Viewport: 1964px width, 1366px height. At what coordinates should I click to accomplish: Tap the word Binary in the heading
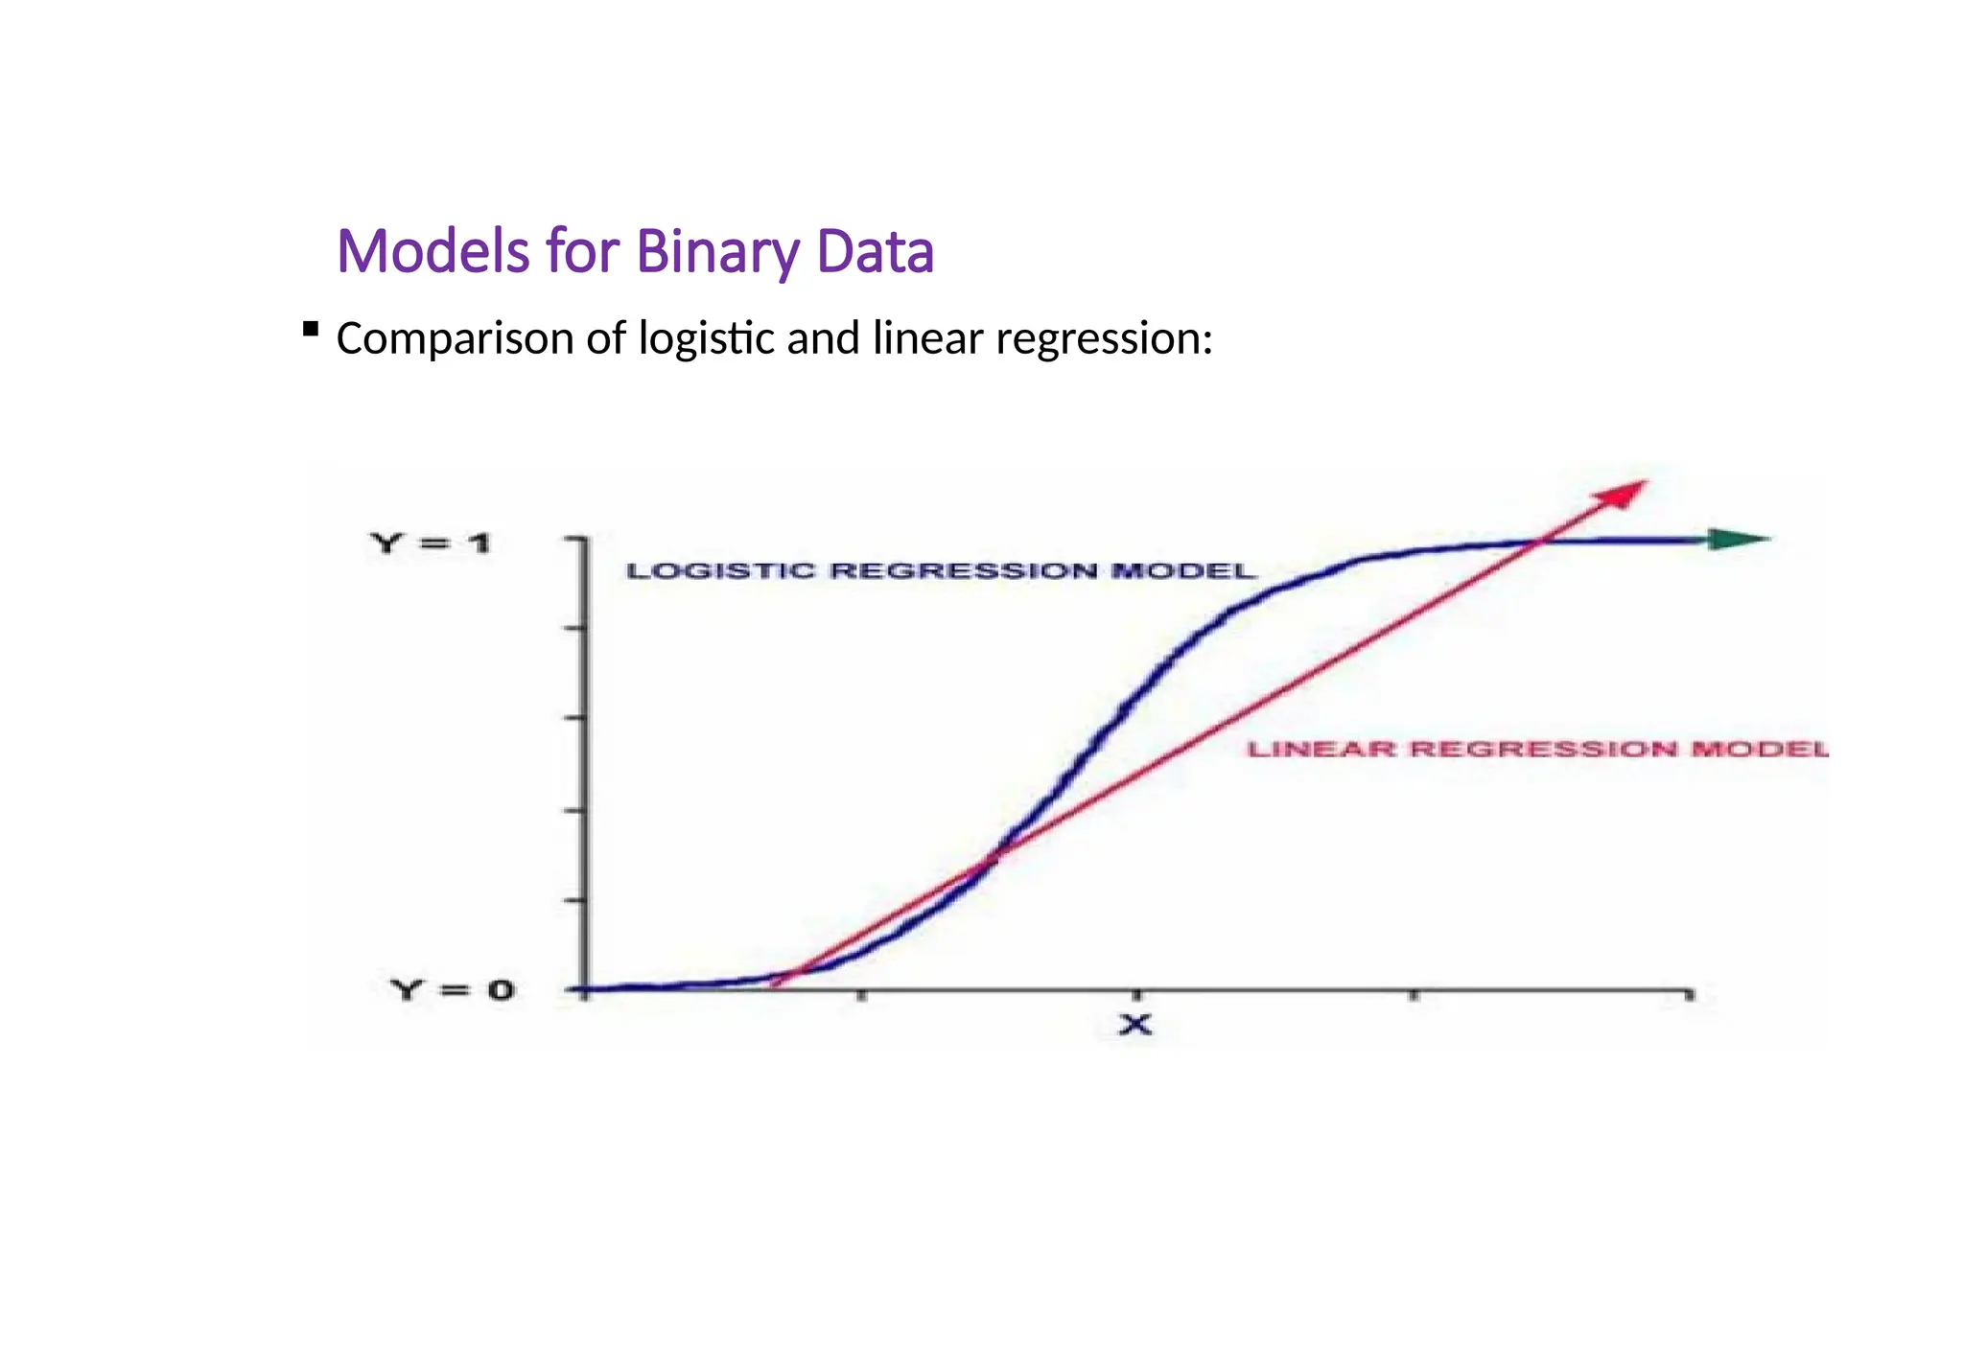click(x=717, y=252)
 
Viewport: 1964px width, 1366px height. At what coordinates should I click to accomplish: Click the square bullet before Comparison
click(x=310, y=330)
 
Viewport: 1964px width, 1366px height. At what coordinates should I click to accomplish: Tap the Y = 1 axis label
click(x=430, y=544)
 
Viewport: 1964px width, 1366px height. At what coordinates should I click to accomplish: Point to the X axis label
click(x=1135, y=1026)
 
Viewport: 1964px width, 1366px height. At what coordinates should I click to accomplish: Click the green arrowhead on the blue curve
click(x=1738, y=540)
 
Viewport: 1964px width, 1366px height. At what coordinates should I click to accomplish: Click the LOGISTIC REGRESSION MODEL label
click(x=941, y=571)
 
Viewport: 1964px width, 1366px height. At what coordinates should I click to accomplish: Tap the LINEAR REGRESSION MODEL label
click(x=1537, y=749)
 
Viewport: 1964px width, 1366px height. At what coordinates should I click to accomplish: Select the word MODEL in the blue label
click(x=1183, y=571)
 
